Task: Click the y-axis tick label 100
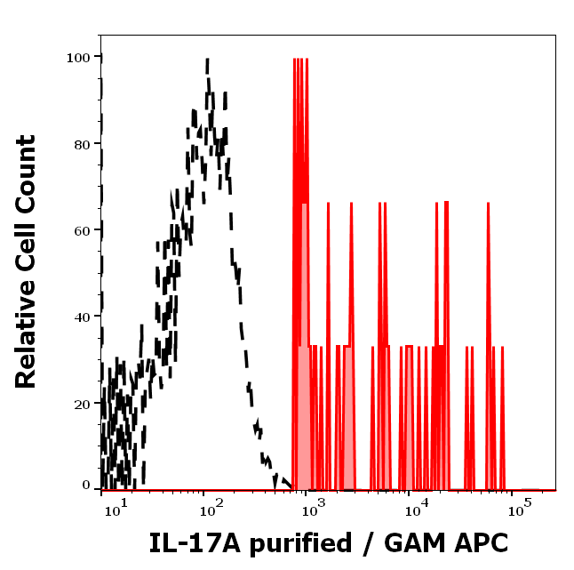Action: (x=77, y=58)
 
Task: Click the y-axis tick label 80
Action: (x=81, y=144)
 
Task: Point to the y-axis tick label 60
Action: (x=81, y=231)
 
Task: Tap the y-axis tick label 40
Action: (x=81, y=317)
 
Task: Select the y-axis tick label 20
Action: (x=81, y=404)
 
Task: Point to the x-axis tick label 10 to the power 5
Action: (x=516, y=509)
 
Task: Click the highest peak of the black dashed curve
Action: (x=207, y=60)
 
